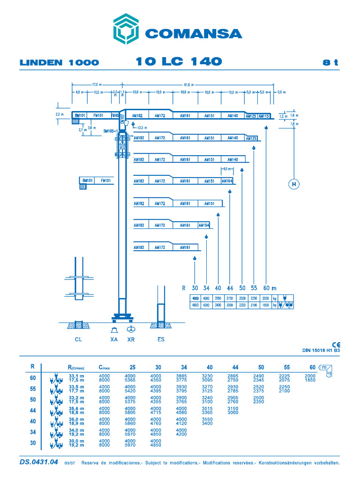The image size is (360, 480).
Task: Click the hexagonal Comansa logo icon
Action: [x=126, y=29]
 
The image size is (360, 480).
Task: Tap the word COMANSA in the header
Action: [x=193, y=34]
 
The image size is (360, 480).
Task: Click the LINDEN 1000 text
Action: [x=59, y=63]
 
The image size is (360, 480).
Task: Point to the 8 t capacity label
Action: [x=330, y=63]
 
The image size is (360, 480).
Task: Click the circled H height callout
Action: [x=294, y=184]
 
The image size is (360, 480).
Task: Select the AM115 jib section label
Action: [x=264, y=116]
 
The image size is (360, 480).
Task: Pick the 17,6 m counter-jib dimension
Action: [x=97, y=85]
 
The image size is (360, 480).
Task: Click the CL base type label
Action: [x=78, y=339]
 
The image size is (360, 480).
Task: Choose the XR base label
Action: [x=131, y=339]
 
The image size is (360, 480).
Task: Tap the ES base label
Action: [x=161, y=339]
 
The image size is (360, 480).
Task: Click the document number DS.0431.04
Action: [x=39, y=462]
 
